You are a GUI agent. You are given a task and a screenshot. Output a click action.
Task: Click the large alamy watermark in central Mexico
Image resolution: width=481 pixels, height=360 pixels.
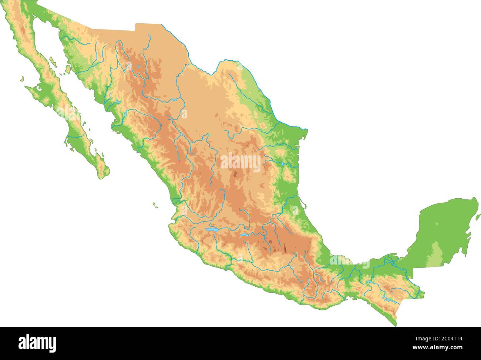tap(240, 162)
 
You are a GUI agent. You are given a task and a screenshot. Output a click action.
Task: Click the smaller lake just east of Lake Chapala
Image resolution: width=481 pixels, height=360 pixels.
tap(243, 235)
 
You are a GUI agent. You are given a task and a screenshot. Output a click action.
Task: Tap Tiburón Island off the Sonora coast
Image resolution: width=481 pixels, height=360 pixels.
tap(68, 69)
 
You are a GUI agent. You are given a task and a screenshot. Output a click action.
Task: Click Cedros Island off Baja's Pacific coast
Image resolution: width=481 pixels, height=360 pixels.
tap(22, 79)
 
